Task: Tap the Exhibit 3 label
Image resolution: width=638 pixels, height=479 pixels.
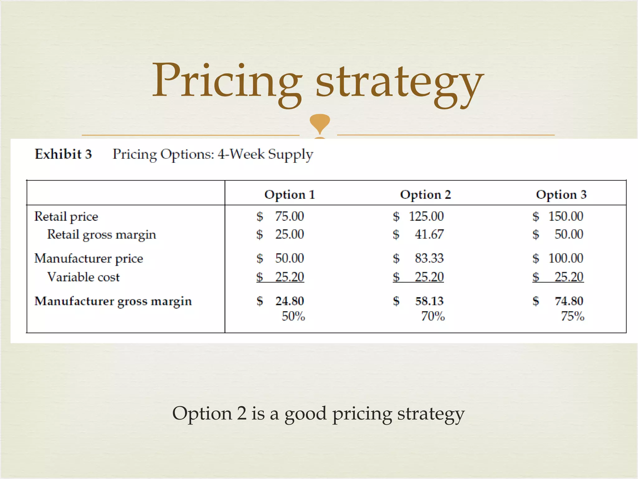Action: click(63, 154)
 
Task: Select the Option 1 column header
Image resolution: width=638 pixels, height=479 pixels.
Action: click(290, 195)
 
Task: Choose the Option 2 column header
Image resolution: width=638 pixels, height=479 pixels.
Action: click(426, 195)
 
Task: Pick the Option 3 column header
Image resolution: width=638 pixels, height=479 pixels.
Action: click(561, 195)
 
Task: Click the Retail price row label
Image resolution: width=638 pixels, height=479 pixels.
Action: click(66, 216)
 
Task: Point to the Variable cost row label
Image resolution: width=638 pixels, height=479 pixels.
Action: click(83, 277)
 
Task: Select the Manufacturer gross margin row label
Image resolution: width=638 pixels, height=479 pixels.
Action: click(113, 301)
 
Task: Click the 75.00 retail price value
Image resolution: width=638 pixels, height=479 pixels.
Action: click(289, 216)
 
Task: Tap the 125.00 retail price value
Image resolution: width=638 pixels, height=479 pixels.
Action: click(426, 216)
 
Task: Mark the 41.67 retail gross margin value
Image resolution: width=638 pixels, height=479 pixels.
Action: click(429, 234)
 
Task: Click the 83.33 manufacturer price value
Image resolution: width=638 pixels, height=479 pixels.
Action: click(429, 258)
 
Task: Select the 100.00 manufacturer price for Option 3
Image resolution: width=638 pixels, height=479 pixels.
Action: click(566, 258)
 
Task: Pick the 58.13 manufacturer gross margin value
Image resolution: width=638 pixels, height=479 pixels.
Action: click(429, 301)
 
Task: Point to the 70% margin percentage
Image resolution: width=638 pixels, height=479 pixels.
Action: click(433, 316)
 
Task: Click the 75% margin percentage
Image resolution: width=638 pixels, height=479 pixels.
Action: click(573, 316)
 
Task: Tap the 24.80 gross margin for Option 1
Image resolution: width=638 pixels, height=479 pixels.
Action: click(290, 301)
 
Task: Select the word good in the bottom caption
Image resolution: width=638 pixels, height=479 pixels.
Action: click(305, 414)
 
